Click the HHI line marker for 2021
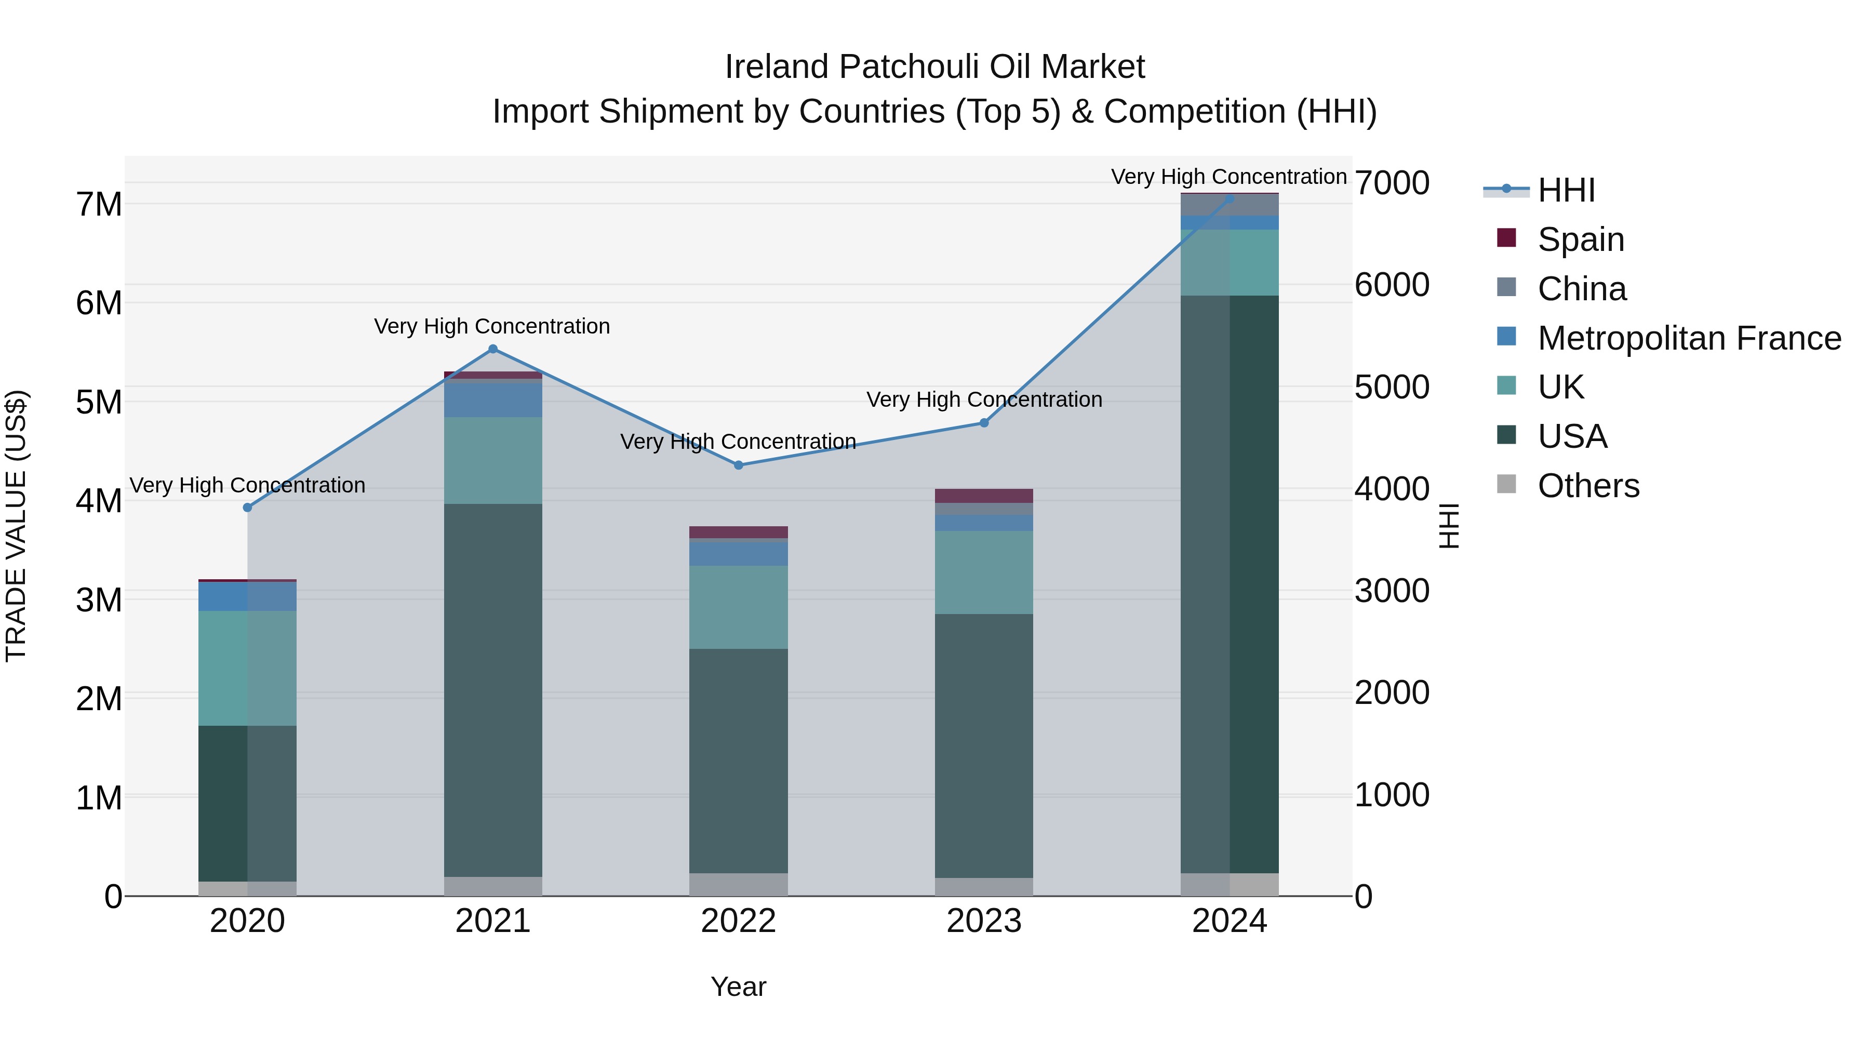493,349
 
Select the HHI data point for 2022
738,465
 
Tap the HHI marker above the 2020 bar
248,508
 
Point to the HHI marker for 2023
984,423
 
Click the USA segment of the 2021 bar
493,690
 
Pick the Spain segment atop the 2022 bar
738,532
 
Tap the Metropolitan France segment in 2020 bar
248,597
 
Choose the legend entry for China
1581,289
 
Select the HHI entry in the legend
1566,190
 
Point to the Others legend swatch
1506,484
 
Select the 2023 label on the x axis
984,921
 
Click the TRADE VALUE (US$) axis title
17,526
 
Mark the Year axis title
738,987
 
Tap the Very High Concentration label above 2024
1228,177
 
